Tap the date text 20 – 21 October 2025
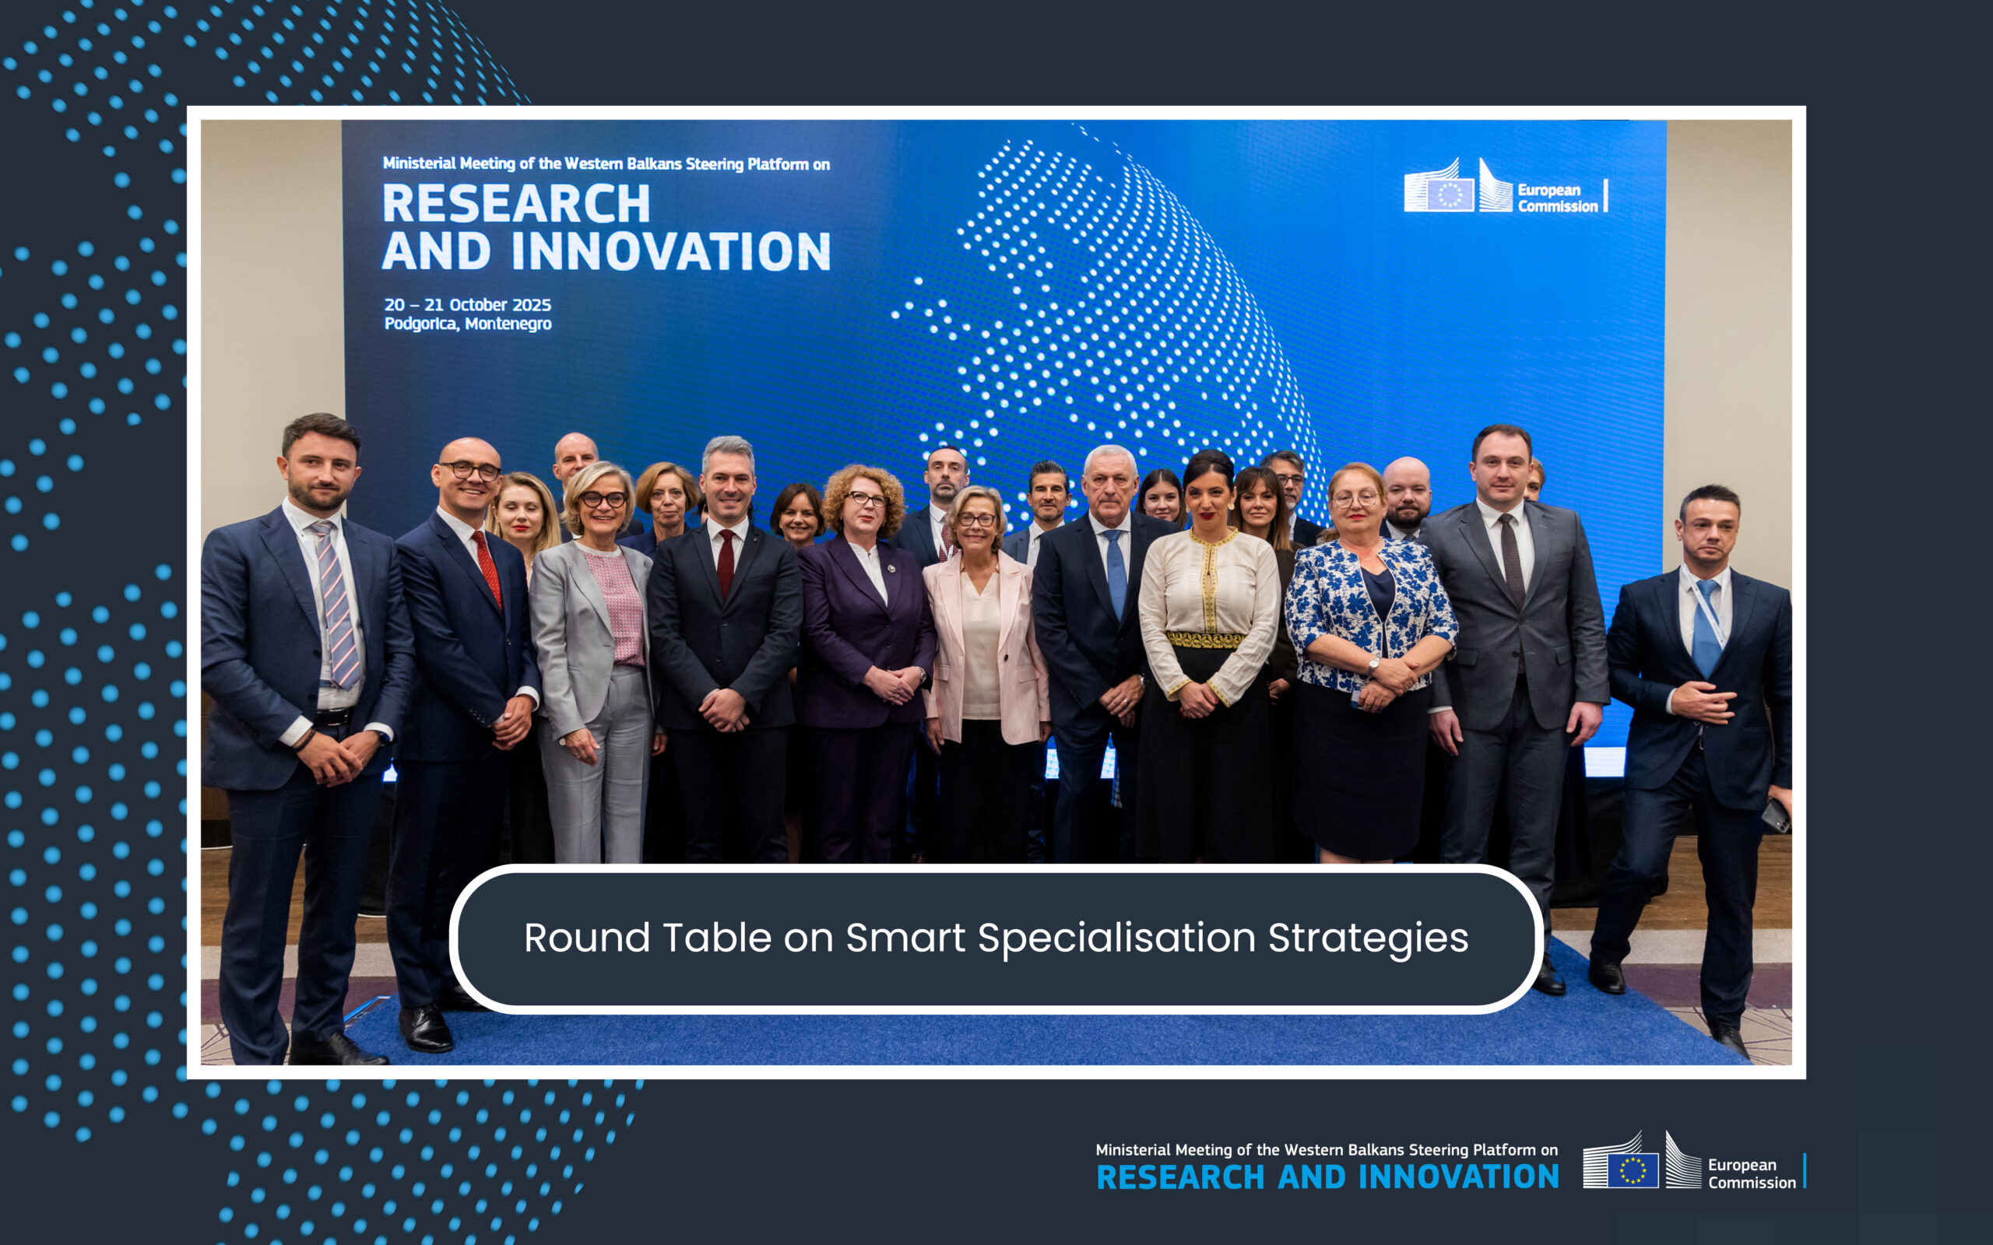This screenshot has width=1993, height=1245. tap(468, 305)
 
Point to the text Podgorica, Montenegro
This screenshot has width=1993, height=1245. tap(468, 324)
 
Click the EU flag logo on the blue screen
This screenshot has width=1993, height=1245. tap(1450, 195)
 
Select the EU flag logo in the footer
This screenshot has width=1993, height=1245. tap(1633, 1170)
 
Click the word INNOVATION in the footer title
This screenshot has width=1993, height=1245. tap(1458, 1177)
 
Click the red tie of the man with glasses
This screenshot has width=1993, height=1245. tap(487, 568)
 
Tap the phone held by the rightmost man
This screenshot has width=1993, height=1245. tap(1776, 815)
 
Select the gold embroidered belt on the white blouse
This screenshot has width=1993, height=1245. tap(1205, 640)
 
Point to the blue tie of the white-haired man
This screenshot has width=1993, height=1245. tap(1116, 572)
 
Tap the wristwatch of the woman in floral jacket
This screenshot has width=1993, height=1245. tap(1373, 665)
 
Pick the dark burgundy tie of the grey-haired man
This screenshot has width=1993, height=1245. tap(726, 563)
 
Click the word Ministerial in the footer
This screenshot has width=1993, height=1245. tap(1133, 1149)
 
